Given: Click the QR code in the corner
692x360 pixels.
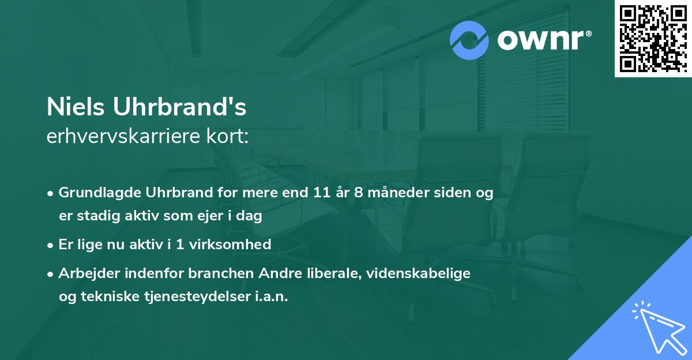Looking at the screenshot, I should (x=653, y=38).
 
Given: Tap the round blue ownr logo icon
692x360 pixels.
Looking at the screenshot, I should (x=469, y=40).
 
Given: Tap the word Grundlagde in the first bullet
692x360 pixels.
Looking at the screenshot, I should (x=96, y=193).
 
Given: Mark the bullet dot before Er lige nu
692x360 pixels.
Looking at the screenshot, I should (x=51, y=245).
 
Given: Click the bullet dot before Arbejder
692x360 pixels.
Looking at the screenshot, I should (x=51, y=274).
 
